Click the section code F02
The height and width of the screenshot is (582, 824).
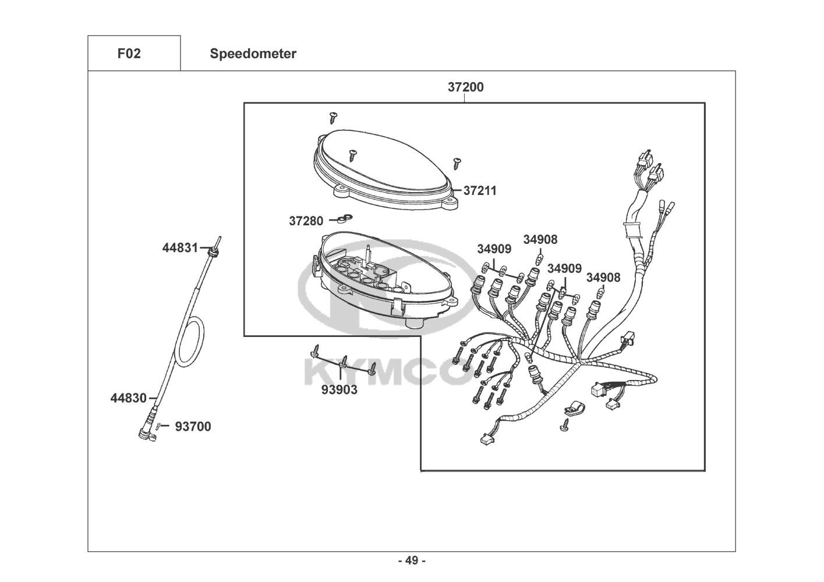point(129,54)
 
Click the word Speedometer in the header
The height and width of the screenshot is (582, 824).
point(253,54)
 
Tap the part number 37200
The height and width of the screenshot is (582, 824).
point(465,87)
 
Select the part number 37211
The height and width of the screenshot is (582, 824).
point(480,191)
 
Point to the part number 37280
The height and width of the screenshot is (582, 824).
point(306,221)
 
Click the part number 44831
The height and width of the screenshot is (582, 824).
point(180,248)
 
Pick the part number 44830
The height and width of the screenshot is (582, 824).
point(128,398)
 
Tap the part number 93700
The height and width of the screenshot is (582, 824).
point(193,427)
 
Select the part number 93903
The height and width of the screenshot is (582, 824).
point(339,389)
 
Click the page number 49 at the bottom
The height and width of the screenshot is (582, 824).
point(412,561)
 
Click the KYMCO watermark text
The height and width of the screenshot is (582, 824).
point(384,372)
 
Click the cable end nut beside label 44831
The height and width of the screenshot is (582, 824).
point(211,251)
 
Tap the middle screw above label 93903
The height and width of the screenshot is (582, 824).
point(344,361)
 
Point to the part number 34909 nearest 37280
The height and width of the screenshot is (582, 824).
point(494,249)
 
